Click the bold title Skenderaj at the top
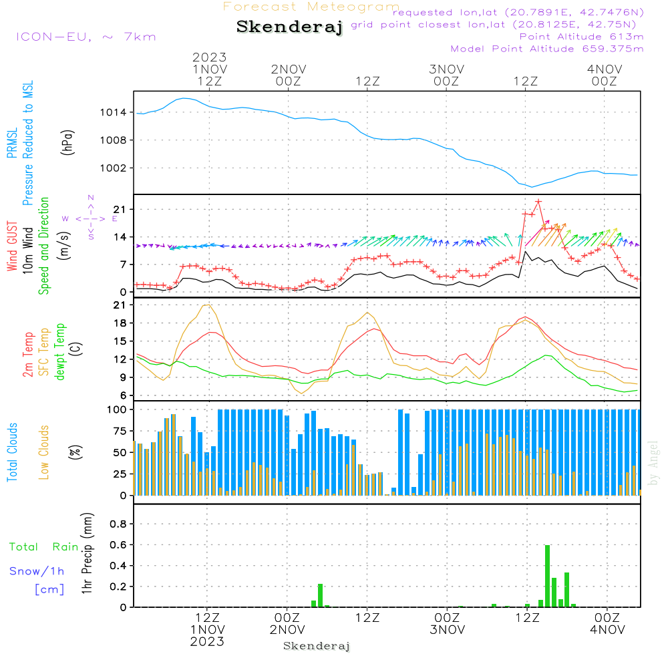click(x=289, y=27)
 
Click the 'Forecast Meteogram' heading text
click(x=311, y=7)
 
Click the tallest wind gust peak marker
click(x=538, y=201)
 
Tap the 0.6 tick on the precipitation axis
click(x=118, y=544)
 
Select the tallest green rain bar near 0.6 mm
click(x=547, y=576)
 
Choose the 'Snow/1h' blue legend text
click(x=37, y=571)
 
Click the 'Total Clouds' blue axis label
click(x=13, y=452)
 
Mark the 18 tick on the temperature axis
click(x=120, y=323)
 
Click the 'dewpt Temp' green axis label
click(x=60, y=352)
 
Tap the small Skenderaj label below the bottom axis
click(x=317, y=646)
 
